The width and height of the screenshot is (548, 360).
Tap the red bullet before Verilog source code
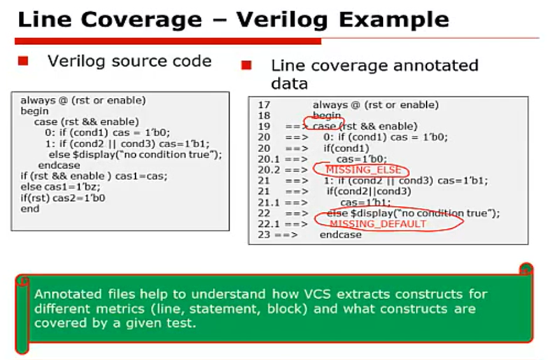click(22, 62)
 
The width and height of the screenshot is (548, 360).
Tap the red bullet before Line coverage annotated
click(246, 66)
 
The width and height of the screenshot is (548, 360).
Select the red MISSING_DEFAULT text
click(377, 224)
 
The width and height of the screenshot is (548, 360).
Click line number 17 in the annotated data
click(264, 105)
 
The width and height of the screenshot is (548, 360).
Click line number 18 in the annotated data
click(264, 116)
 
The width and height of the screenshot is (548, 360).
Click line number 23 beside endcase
click(264, 235)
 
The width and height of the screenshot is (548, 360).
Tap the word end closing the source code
click(30, 209)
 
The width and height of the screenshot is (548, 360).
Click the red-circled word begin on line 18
click(328, 116)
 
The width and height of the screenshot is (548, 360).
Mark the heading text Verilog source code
click(129, 61)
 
